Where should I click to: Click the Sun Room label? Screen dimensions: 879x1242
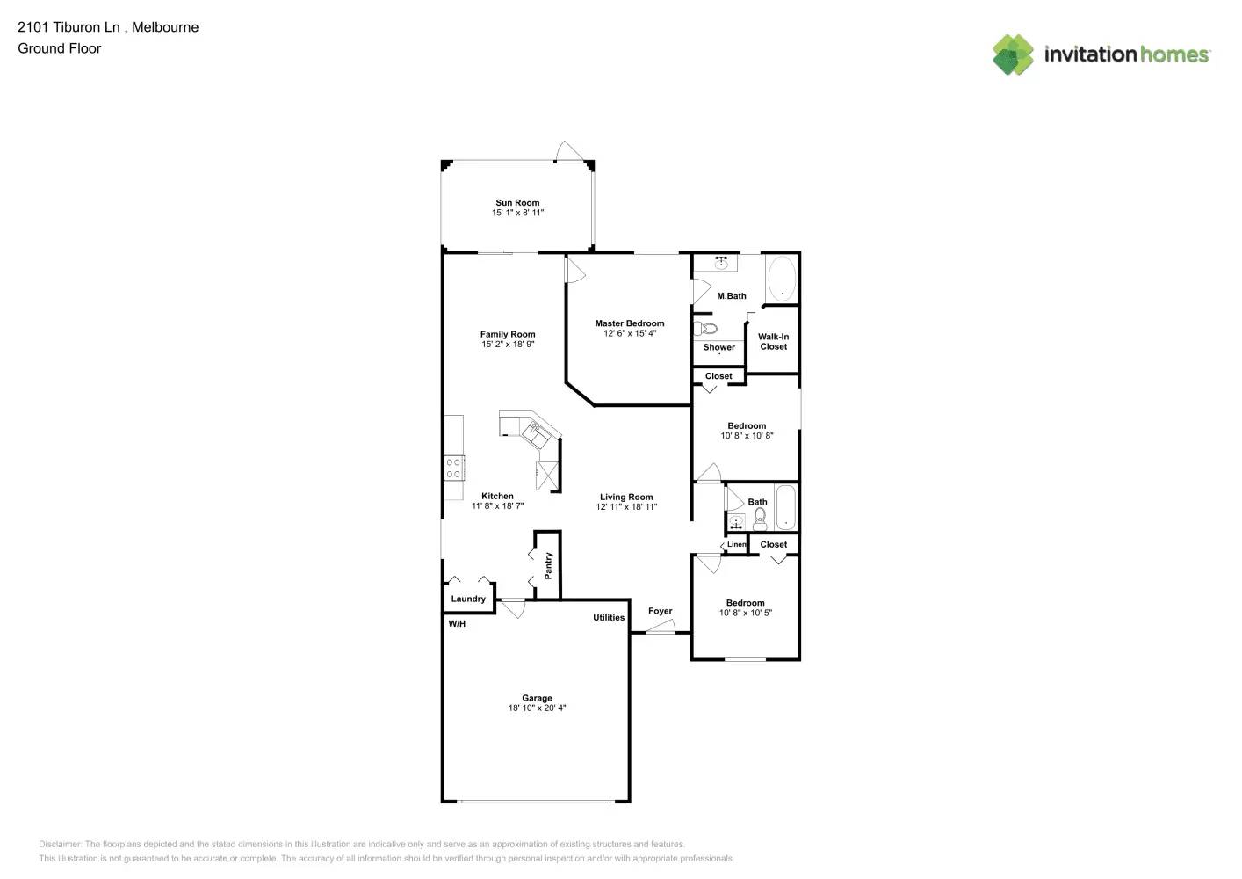point(517,202)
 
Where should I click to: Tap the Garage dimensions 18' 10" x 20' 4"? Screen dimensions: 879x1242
point(537,708)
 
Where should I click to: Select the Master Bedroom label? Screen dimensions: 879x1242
point(629,323)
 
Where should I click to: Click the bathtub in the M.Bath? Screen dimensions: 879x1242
point(781,279)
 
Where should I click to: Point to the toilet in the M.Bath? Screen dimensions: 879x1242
point(706,329)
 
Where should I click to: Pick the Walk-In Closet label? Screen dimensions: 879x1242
point(773,342)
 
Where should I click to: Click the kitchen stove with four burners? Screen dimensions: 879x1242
point(453,468)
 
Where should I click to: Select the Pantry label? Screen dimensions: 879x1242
point(548,565)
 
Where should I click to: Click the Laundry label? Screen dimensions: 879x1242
point(468,599)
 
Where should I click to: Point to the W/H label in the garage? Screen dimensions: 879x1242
point(457,624)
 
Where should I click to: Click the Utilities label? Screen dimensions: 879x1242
point(609,618)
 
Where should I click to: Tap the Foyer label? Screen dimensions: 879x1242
point(660,611)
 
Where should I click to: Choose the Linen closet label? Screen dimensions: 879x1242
point(736,544)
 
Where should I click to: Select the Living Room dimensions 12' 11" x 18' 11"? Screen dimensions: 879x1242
point(626,507)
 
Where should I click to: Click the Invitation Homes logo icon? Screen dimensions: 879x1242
point(1013,54)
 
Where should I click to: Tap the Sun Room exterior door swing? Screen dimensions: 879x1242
point(569,152)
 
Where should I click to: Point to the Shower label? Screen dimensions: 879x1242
point(718,347)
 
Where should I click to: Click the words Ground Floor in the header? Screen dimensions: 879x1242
point(60,48)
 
